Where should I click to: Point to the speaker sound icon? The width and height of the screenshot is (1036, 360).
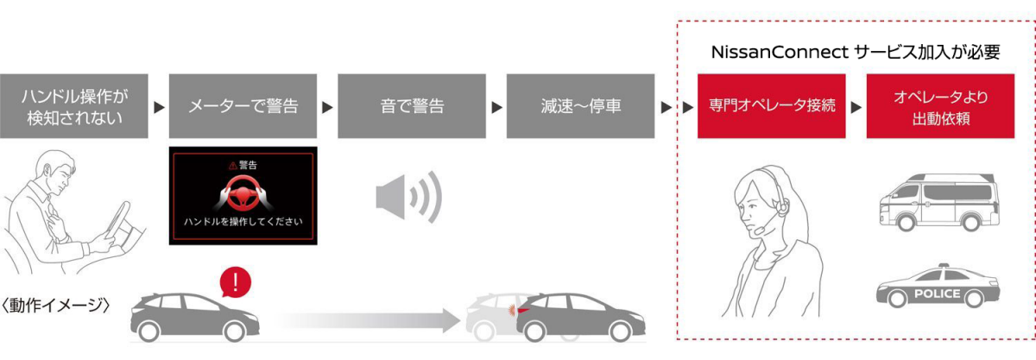point(408,197)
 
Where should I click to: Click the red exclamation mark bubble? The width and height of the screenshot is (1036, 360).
point(236,281)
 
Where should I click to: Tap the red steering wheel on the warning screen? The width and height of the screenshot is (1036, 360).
point(243,191)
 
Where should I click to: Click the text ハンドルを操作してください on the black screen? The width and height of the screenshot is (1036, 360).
point(243,222)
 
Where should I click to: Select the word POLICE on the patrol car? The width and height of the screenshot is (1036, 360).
point(938,294)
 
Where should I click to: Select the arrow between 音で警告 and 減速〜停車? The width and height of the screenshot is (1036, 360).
point(496,108)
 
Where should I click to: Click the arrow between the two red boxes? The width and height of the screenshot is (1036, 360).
point(856,108)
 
